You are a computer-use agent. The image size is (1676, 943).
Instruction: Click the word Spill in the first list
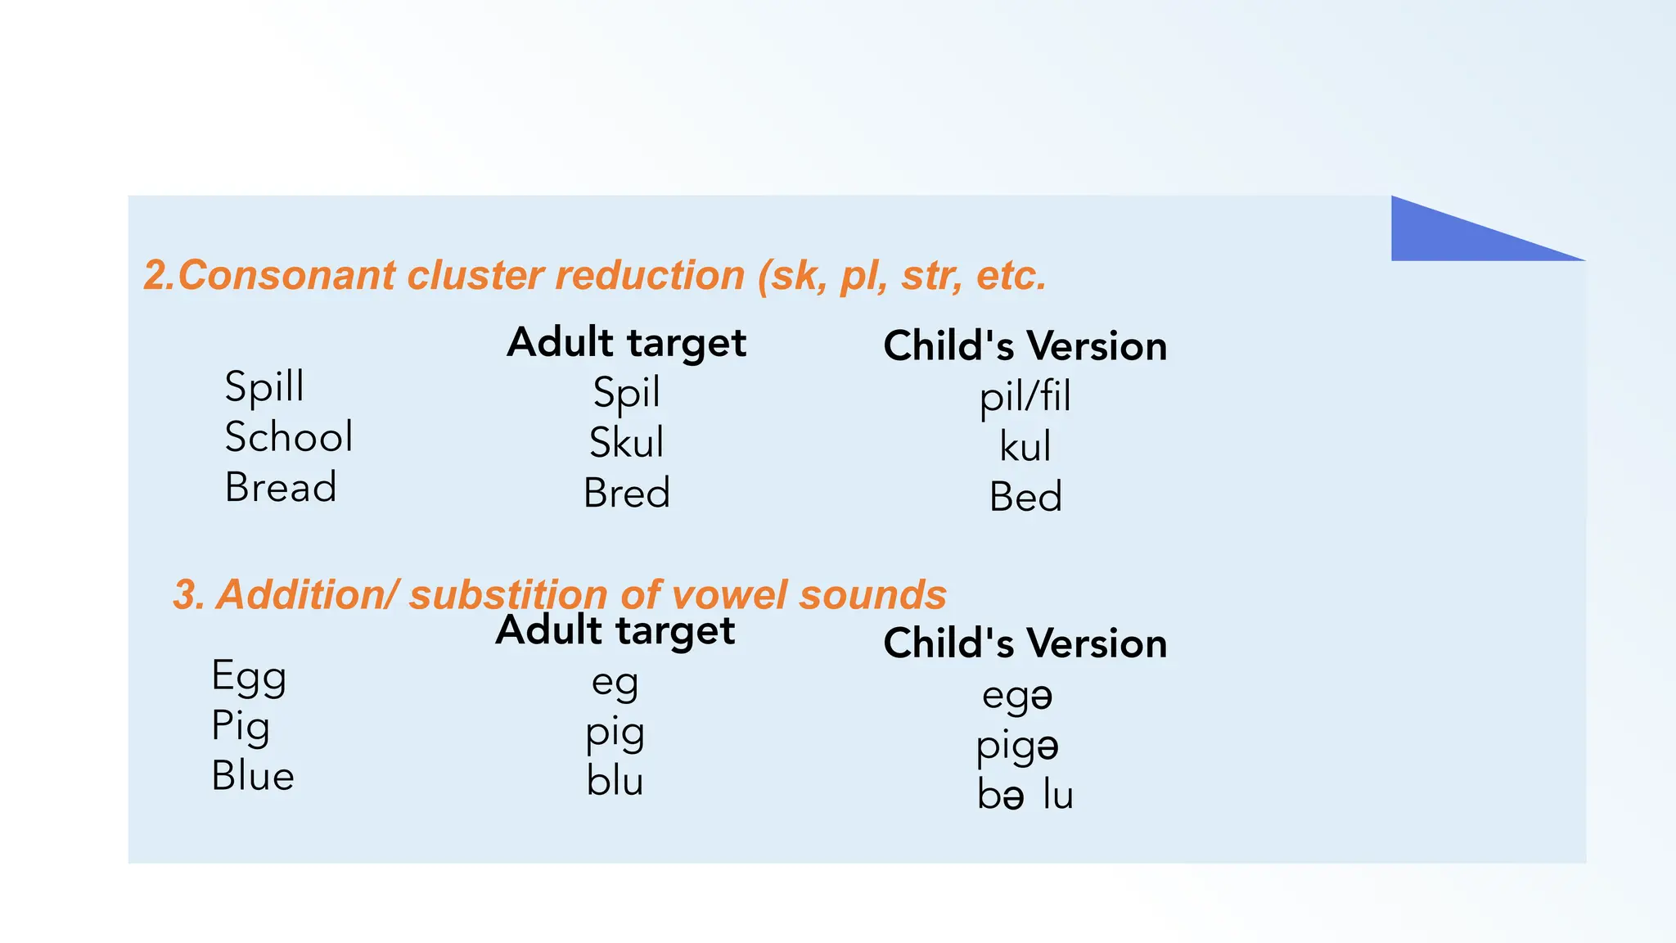[x=264, y=386]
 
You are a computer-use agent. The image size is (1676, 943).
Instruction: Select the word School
[x=289, y=437]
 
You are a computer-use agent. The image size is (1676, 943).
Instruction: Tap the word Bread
[x=281, y=488]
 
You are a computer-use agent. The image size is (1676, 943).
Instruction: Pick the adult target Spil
[x=626, y=393]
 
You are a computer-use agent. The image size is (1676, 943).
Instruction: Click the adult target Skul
[x=626, y=443]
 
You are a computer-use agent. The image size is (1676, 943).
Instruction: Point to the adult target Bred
[x=626, y=494]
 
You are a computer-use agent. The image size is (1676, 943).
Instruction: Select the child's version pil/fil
[x=1025, y=398]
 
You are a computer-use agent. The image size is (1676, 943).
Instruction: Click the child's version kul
[x=1025, y=447]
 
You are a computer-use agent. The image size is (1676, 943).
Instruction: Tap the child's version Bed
[x=1025, y=497]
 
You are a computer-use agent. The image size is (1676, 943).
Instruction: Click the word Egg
[x=249, y=677]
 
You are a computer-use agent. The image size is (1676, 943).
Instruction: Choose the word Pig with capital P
[x=241, y=727]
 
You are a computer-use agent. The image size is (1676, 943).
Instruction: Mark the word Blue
[x=253, y=776]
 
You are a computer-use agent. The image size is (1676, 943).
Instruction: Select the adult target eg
[x=615, y=683]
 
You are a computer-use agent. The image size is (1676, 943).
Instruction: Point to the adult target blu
[x=615, y=781]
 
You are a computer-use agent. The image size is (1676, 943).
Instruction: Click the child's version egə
[x=1017, y=697]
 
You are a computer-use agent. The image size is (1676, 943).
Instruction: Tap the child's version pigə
[x=1017, y=747]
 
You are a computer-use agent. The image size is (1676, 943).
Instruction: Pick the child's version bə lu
[x=1025, y=795]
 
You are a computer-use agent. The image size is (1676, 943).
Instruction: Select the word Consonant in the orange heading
[x=286, y=275]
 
